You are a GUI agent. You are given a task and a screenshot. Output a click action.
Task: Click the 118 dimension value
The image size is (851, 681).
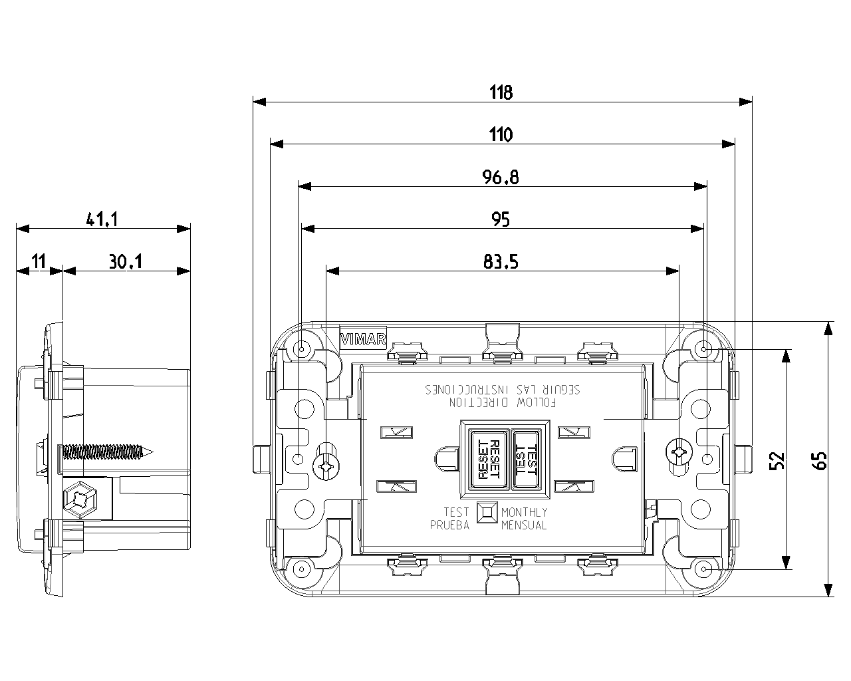pos(501,92)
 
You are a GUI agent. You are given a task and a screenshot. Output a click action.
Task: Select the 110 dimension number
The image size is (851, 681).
pos(501,135)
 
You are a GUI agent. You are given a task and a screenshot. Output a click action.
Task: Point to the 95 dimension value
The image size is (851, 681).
pos(501,219)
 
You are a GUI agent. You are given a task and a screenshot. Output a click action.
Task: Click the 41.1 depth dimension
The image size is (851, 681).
pos(102,219)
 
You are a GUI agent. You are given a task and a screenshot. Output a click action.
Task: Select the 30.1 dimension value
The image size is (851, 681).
pos(126,261)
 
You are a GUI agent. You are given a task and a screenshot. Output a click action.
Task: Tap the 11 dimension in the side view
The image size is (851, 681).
pos(38,261)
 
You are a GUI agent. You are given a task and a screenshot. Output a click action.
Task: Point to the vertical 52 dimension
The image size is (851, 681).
pos(777,460)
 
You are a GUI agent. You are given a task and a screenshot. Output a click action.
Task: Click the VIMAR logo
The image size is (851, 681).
pos(363,339)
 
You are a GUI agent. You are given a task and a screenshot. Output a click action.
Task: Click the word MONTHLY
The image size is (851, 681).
pos(525,512)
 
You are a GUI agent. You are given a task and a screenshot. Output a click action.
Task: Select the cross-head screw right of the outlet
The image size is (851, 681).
pos(679,454)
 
